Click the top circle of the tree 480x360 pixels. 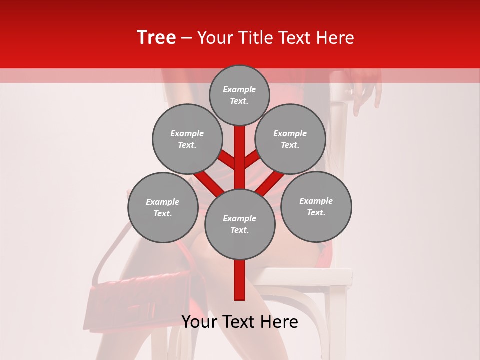tap(239, 95)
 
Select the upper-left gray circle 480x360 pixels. tap(187, 139)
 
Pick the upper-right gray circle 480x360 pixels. tap(290, 139)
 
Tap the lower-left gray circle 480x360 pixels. tap(163, 207)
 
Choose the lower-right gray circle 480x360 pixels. tap(316, 206)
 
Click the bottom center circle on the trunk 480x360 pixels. tap(240, 224)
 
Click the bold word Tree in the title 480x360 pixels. tap(156, 37)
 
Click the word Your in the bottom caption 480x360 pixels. tap(199, 322)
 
